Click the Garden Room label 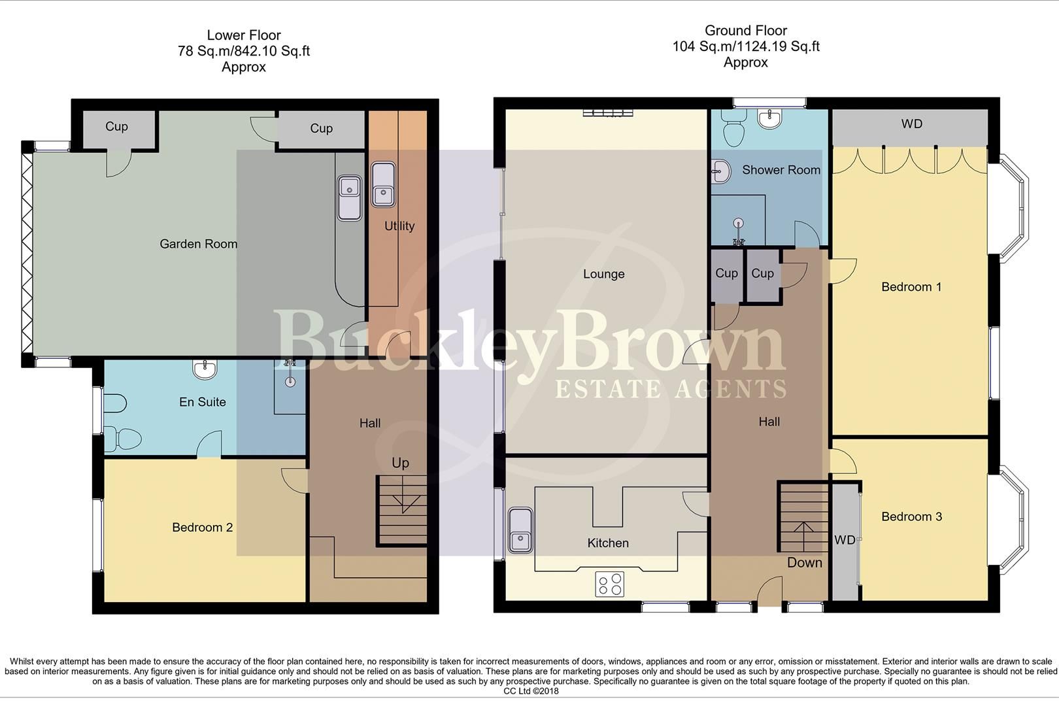198,244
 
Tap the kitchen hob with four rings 609,584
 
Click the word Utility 399,226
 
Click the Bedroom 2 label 202,528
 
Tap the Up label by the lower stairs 400,463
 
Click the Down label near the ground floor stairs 804,563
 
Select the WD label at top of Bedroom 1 911,124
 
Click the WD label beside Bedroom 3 845,540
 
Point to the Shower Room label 781,170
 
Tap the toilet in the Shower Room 735,126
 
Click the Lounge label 603,274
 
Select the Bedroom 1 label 911,287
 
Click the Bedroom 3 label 911,517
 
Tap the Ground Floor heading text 745,31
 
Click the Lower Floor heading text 243,35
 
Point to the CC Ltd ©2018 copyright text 531,691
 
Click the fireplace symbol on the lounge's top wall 608,114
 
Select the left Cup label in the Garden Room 116,127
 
